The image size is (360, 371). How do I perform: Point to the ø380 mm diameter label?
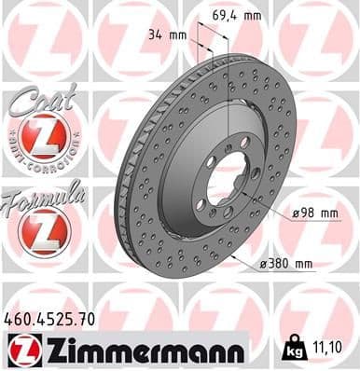(286, 265)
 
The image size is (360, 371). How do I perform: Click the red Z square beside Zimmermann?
(20, 350)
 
